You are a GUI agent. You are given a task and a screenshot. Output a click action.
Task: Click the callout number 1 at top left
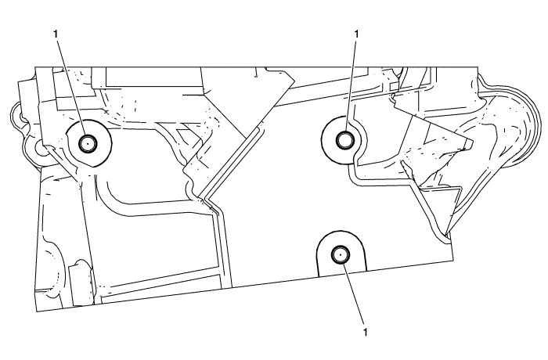[x=56, y=34]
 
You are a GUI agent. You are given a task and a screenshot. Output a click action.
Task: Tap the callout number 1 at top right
[x=357, y=34]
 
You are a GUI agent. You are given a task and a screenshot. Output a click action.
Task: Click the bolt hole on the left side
[x=87, y=142]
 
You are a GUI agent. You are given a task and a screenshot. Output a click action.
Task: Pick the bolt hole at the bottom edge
[x=340, y=254]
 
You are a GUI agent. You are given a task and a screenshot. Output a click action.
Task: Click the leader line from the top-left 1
[x=70, y=86]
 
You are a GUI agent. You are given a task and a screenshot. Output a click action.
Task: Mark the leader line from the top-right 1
[x=351, y=86]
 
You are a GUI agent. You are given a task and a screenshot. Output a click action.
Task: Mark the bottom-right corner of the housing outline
[x=453, y=258]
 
